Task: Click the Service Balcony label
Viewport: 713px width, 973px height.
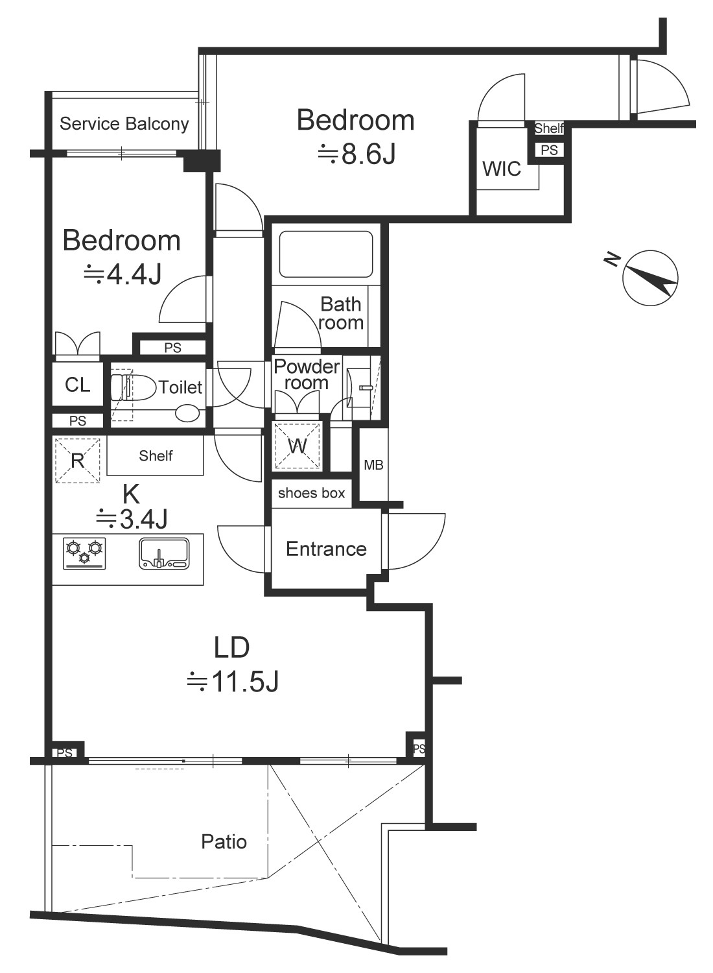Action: [x=124, y=124]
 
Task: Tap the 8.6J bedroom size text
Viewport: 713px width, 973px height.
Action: [x=356, y=154]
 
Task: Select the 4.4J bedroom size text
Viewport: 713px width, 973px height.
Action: [x=122, y=274]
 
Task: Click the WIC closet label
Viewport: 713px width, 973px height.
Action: [x=502, y=169]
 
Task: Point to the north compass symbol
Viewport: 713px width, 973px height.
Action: [x=650, y=278]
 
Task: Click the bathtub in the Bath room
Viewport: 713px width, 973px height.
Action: [x=326, y=254]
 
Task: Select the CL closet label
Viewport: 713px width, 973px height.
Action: [x=78, y=385]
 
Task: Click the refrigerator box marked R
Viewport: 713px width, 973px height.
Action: [x=77, y=461]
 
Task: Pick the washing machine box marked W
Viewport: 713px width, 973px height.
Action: [x=298, y=446]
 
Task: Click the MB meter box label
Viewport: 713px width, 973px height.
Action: [x=373, y=465]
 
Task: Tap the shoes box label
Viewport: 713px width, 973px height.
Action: [x=312, y=493]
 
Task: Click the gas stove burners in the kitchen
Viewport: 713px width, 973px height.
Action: [x=85, y=553]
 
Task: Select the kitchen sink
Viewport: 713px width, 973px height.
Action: [x=164, y=553]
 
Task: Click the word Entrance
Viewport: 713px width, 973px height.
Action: [x=326, y=549]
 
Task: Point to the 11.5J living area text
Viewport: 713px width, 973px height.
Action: [x=233, y=682]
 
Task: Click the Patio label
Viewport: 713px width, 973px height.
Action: [x=224, y=842]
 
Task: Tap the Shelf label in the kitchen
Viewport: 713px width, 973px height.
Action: [x=156, y=455]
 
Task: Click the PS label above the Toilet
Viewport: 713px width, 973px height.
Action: [x=172, y=348]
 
